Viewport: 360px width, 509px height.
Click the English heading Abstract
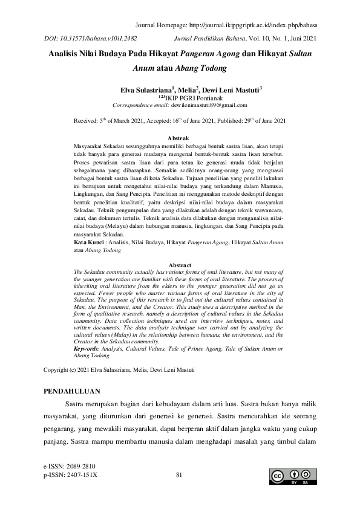coord(179,265)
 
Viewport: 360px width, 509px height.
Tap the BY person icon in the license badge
coord(295,474)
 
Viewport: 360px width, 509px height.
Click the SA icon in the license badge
coord(309,474)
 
